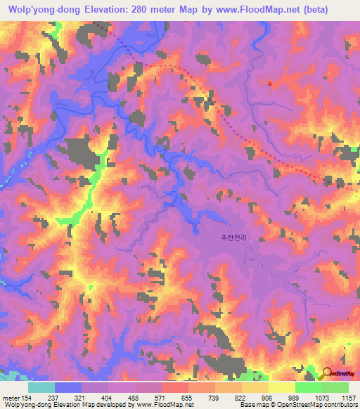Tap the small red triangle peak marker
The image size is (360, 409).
[269, 83]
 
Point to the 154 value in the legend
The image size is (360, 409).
[26, 397]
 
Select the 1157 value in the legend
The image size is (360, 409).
[347, 397]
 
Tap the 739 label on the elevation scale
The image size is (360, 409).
[214, 397]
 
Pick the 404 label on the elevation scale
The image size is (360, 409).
[107, 397]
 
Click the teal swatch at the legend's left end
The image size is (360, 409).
[41, 387]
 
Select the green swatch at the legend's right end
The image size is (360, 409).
[335, 387]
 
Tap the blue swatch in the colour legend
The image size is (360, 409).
[68, 387]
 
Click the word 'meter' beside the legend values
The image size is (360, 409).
[9, 397]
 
